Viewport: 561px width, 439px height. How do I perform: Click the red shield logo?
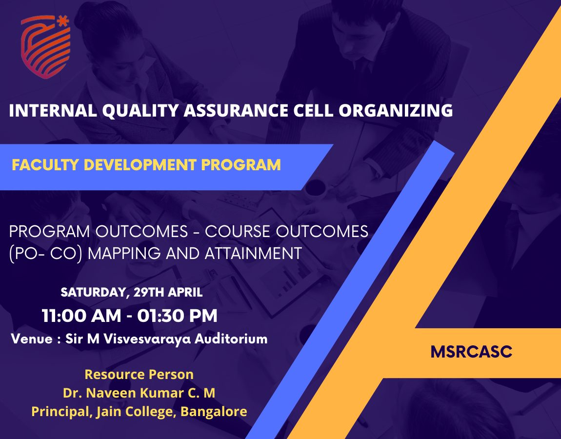[x=45, y=47]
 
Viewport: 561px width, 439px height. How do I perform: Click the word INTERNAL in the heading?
[x=53, y=110]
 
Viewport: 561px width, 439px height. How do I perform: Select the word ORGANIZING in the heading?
[x=396, y=110]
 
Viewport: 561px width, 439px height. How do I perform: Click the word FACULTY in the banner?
[x=45, y=165]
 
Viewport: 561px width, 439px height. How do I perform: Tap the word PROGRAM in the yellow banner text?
[x=241, y=165]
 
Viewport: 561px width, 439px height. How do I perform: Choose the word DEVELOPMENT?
[x=140, y=165]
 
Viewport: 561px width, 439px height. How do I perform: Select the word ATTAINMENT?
[x=253, y=253]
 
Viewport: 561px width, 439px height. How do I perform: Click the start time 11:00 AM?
[x=81, y=316]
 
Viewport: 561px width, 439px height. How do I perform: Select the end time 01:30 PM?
[x=178, y=316]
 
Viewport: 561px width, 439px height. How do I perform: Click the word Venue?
[x=32, y=339]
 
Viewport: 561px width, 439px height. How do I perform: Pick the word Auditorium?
[x=231, y=339]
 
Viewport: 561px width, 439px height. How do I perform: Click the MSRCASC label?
[x=471, y=352]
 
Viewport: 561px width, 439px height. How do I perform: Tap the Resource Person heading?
[x=139, y=375]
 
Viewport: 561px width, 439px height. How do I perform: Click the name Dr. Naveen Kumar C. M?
[x=139, y=393]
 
